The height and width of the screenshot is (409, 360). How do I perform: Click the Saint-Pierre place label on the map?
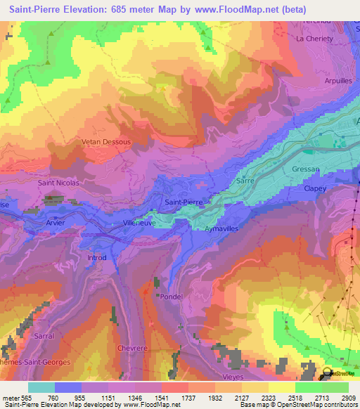(184, 202)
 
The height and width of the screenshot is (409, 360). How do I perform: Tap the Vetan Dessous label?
(107, 141)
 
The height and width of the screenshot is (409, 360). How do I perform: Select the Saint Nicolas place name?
(59, 183)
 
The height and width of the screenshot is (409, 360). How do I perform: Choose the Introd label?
(97, 258)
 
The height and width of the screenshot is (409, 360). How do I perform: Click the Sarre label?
(245, 181)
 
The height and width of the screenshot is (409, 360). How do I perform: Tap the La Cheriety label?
(315, 39)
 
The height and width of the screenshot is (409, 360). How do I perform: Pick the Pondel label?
(172, 297)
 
